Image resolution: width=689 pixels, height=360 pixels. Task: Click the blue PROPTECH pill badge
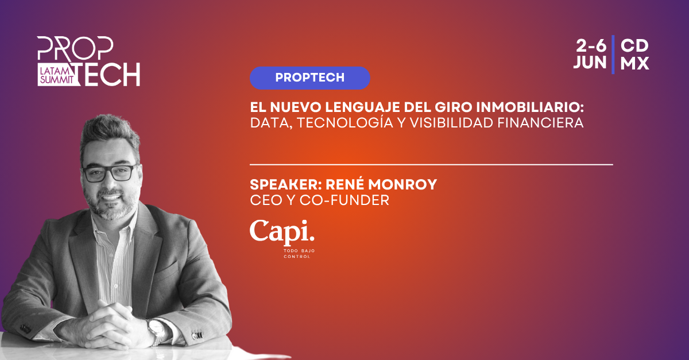click(309, 78)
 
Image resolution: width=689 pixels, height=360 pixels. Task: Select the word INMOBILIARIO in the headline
click(529, 107)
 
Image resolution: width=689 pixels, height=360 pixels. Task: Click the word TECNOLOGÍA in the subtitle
click(345, 122)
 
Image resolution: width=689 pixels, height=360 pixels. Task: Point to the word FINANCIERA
click(540, 123)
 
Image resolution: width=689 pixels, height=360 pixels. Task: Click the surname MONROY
click(402, 185)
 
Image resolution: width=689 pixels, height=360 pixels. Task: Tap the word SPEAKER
click(284, 185)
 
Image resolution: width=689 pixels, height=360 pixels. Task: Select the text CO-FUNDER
click(344, 200)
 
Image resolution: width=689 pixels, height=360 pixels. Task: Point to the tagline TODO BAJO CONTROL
click(299, 254)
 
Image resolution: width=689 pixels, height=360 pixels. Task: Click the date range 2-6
click(591, 46)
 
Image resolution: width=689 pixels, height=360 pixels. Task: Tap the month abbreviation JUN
click(590, 63)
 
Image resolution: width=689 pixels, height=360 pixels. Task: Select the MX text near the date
click(634, 63)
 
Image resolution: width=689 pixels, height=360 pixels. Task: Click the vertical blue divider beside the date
click(613, 55)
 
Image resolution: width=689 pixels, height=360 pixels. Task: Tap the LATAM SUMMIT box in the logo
click(57, 75)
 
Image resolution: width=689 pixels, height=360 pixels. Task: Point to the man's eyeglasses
click(110, 174)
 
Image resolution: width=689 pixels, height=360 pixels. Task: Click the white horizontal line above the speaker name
click(431, 165)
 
